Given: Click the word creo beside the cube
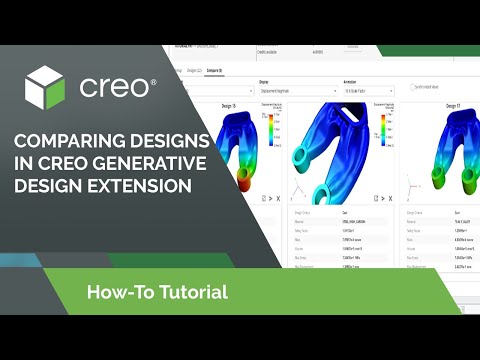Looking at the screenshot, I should tap(117, 86).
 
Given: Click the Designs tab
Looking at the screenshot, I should tap(195, 70).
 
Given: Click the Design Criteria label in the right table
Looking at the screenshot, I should tap(421, 213).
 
